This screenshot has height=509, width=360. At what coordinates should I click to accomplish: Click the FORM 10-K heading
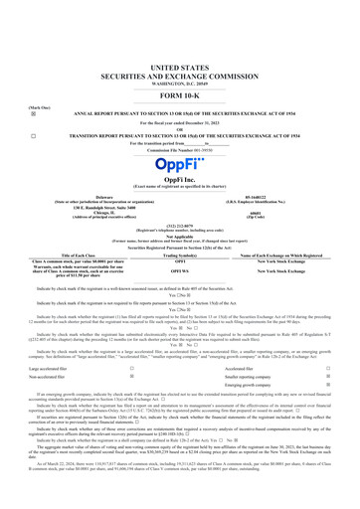click(x=180, y=54)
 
